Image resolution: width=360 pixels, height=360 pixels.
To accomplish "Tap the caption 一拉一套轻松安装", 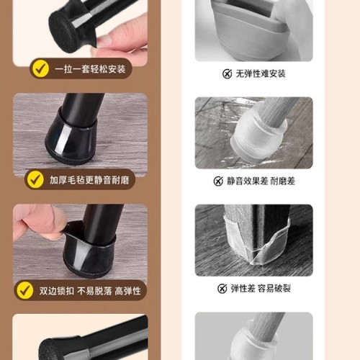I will point(89,69).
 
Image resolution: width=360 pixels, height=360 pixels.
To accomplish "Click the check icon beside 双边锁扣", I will point(25,290).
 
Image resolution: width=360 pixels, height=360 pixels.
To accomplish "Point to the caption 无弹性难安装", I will point(261,73).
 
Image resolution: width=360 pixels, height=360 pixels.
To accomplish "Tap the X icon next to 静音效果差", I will point(218,181).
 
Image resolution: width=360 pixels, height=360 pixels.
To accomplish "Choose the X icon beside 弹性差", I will point(222,289).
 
